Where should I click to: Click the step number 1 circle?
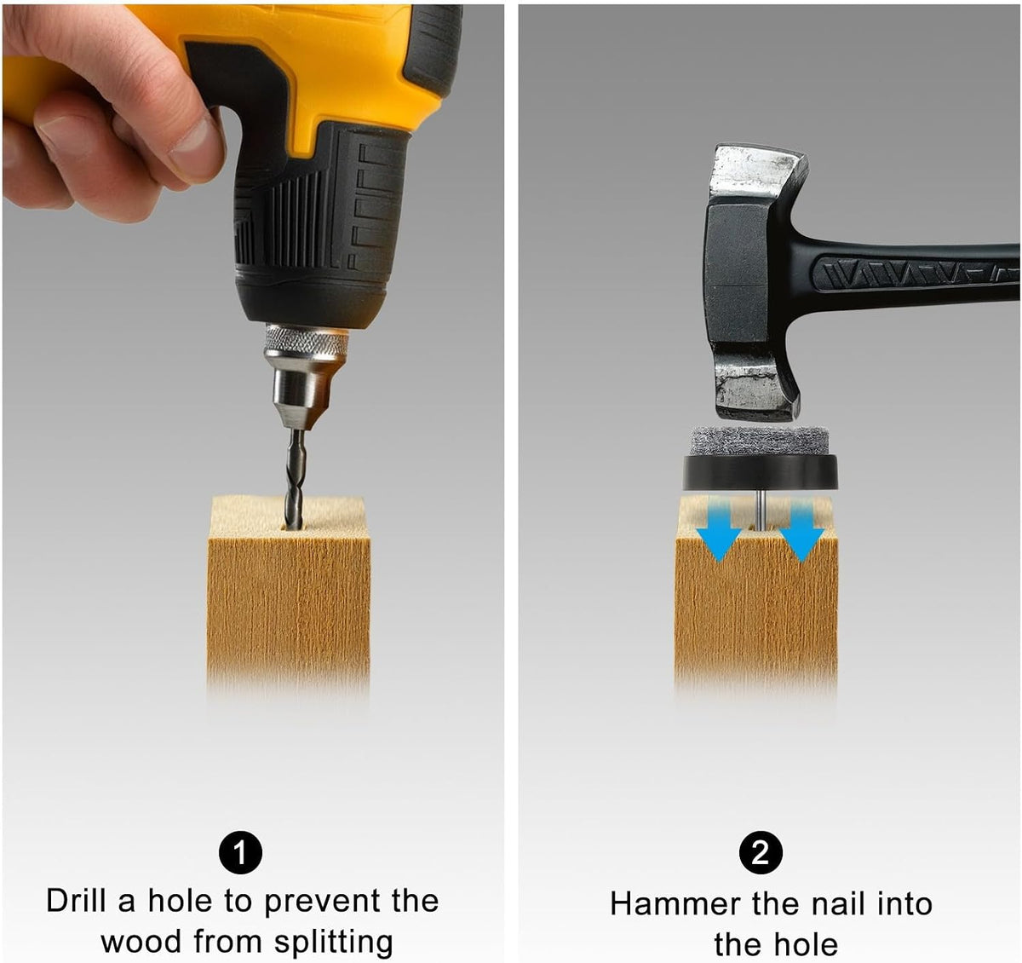click(240, 852)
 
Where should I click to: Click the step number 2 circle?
click(761, 853)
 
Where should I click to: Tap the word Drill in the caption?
click(76, 901)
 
